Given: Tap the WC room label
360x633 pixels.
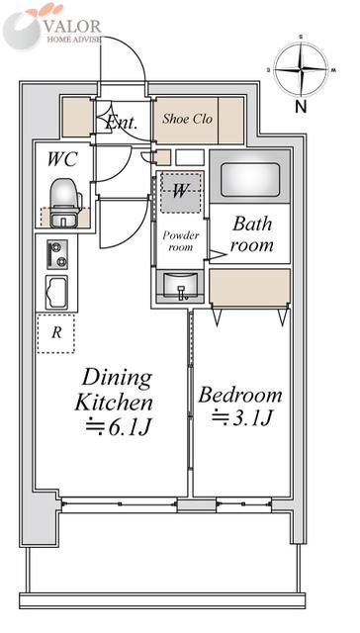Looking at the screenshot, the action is point(62,159).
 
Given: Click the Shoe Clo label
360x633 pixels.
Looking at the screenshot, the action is point(187,119).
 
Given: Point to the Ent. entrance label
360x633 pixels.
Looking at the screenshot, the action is point(122,123).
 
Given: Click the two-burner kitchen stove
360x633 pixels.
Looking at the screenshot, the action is point(57,254).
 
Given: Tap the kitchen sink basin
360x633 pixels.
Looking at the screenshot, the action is point(56,293).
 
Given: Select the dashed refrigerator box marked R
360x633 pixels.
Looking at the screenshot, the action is point(56,333).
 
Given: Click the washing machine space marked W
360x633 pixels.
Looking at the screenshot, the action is point(180,192).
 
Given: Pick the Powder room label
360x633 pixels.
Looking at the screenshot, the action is point(180,241).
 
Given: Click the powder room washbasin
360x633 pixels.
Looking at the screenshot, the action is point(180,286).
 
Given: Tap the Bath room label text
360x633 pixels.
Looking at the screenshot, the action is point(251,234).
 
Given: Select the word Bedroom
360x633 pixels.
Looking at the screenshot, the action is point(240,395).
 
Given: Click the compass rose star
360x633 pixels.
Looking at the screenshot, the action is point(301,70).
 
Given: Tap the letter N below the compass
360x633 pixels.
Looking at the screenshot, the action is point(301,107).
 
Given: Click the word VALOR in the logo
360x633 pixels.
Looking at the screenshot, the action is point(72,27).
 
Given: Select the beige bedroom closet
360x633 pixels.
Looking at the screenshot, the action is point(250,286).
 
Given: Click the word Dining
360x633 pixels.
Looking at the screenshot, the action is point(117,379).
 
